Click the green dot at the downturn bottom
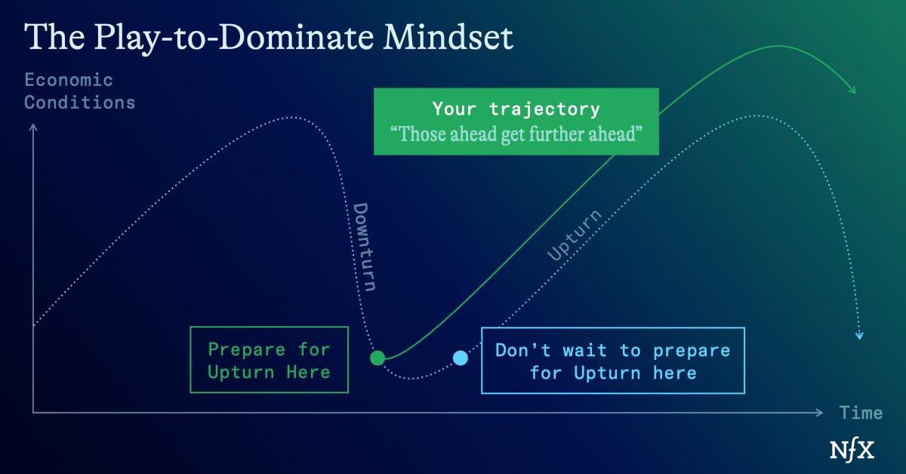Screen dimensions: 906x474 coord(377,358)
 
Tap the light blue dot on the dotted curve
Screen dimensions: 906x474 coord(461,358)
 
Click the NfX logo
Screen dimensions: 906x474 coord(852,450)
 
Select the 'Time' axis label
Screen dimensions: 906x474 coord(861,413)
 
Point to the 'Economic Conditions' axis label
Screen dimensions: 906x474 coord(80,91)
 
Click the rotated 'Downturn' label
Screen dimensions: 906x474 coord(365,247)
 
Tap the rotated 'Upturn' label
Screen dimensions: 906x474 coord(574,235)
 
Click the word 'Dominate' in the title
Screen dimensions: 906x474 coord(296,37)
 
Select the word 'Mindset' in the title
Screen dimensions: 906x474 coord(448,37)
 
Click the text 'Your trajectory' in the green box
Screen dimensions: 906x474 coord(516,109)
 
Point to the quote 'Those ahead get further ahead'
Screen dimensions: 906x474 coord(516,134)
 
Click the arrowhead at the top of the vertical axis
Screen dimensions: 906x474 coord(33,128)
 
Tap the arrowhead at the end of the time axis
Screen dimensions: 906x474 coord(819,413)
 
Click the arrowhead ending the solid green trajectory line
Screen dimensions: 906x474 coord(852,91)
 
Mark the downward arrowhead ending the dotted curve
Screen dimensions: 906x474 coord(859,336)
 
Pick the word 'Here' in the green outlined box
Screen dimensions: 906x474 coord(309,372)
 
